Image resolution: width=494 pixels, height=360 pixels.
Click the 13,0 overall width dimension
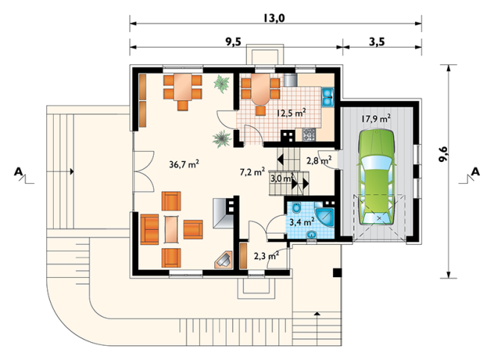[x=274, y=18]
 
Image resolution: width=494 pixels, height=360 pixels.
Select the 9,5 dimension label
[x=233, y=42]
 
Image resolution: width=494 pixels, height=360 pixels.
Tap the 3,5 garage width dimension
[x=377, y=42]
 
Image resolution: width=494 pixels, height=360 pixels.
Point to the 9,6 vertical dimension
[x=443, y=154]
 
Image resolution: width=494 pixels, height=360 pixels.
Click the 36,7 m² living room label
[x=184, y=164]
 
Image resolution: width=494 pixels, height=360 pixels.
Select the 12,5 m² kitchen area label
[x=292, y=114]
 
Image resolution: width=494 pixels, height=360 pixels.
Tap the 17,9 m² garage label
[x=376, y=119]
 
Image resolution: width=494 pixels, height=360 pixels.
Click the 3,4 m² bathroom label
[x=301, y=222]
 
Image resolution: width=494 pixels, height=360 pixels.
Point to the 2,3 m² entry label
[x=266, y=255]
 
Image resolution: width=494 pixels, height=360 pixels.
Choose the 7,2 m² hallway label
[x=252, y=172]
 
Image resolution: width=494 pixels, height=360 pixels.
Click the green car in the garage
[x=377, y=176]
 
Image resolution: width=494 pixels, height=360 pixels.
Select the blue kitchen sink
[x=328, y=97]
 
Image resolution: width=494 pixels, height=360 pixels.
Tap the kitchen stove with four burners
[x=309, y=134]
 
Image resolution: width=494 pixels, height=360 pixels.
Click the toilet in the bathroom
[x=296, y=208]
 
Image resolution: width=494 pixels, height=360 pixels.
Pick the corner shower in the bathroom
[x=325, y=217]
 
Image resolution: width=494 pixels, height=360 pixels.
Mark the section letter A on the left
[x=18, y=172]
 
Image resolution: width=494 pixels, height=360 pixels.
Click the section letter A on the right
[x=475, y=172]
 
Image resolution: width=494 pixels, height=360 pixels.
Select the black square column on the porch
[x=337, y=273]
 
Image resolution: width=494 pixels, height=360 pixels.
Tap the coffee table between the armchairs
[x=172, y=229]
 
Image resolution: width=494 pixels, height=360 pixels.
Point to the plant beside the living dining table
[x=222, y=84]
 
